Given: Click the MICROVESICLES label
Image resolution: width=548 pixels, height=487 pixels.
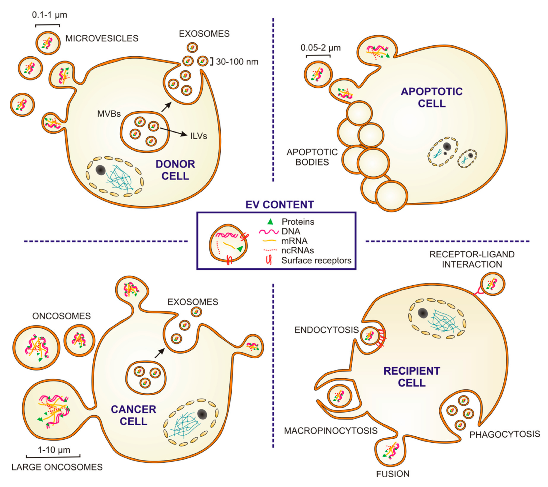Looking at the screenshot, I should pyautogui.click(x=102, y=38).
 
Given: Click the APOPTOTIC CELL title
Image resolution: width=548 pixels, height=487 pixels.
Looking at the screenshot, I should pyautogui.click(x=432, y=97).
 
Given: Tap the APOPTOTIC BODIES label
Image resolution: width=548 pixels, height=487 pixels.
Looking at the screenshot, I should pyautogui.click(x=312, y=157).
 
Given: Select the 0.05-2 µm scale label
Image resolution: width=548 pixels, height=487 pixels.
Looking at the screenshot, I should pyautogui.click(x=321, y=48).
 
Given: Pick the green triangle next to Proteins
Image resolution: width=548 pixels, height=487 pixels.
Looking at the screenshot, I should pyautogui.click(x=270, y=222).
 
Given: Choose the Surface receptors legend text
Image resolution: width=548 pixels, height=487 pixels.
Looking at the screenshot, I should pyautogui.click(x=316, y=260).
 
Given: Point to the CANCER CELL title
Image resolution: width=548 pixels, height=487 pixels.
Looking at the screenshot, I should pyautogui.click(x=134, y=415).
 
